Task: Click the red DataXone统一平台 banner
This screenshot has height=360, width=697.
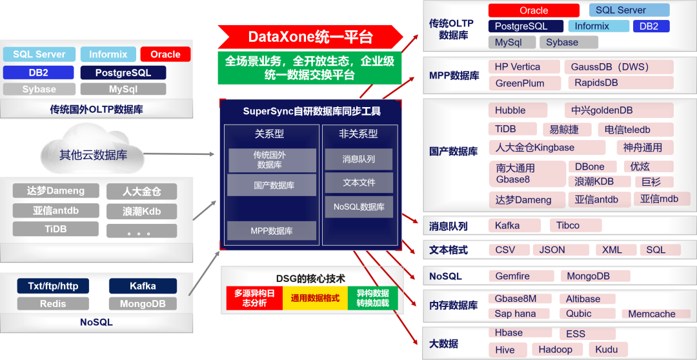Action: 310,37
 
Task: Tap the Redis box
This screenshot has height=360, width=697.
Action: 53,304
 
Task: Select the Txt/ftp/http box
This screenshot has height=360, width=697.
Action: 53,286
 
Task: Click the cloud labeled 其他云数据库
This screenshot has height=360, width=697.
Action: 93,154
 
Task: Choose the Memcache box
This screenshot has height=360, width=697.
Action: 652,314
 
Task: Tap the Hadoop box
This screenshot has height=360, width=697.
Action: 556,350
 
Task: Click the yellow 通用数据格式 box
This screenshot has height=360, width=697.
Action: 316,299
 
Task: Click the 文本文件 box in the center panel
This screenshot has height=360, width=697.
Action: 358,183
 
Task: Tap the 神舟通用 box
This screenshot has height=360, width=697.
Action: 647,148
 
